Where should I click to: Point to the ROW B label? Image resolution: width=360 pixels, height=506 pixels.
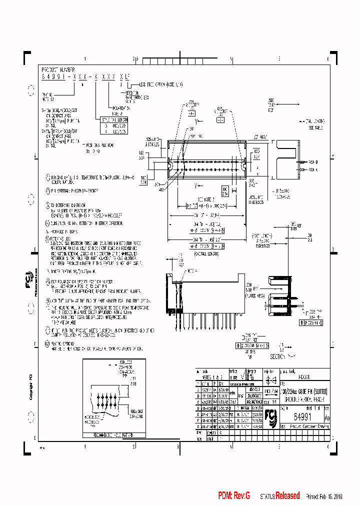pyautogui.click(x=313, y=163)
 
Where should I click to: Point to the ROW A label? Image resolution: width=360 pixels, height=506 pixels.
pyautogui.click(x=313, y=169)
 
